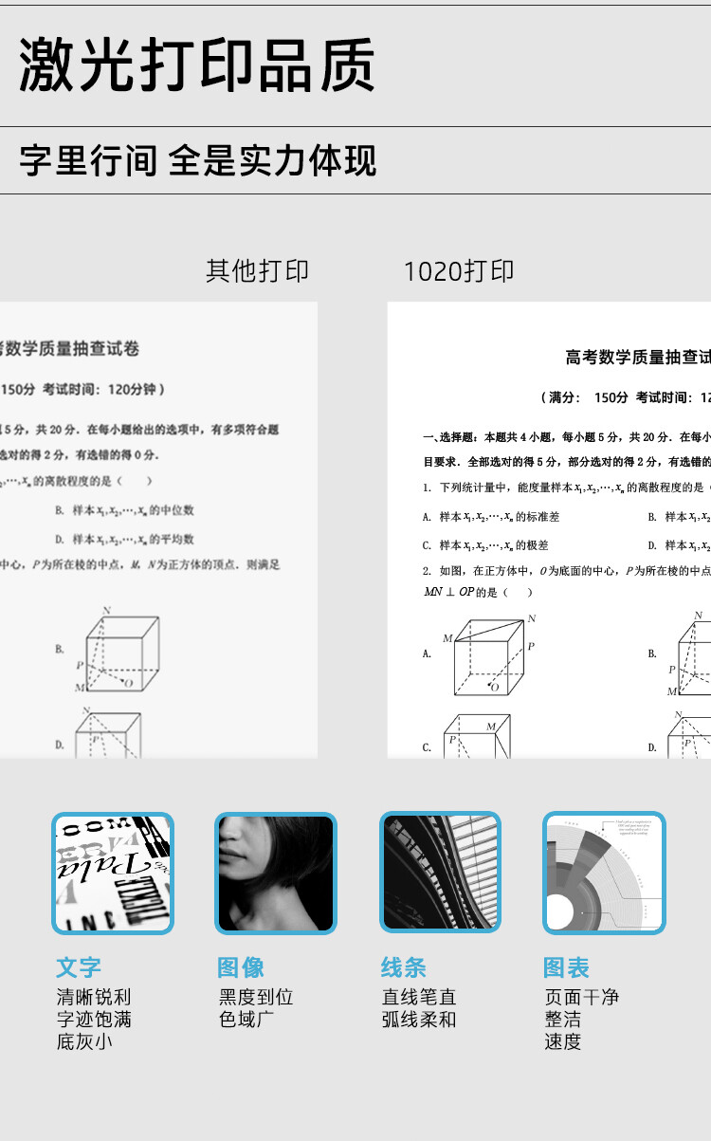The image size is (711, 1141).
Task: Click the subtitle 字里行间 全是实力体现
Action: [198, 160]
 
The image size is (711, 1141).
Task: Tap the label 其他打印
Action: [257, 270]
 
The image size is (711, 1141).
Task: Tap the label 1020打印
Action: [459, 270]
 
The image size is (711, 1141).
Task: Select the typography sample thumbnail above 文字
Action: [113, 873]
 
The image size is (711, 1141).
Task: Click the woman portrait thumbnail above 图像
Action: [276, 873]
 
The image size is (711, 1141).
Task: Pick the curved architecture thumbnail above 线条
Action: [440, 873]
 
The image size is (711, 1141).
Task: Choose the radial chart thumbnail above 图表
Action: [604, 873]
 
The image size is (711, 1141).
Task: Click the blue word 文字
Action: [79, 967]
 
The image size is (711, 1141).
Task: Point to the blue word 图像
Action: [241, 967]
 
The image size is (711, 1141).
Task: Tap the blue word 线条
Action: [404, 967]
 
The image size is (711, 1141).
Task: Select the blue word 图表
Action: [566, 967]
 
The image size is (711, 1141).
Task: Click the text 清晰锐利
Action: [94, 997]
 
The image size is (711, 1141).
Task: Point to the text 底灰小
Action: [84, 1041]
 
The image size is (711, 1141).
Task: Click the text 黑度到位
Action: [256, 997]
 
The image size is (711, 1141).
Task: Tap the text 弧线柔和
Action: [419, 1020]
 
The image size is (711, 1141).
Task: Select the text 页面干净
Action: [582, 997]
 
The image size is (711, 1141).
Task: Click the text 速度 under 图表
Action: [563, 1041]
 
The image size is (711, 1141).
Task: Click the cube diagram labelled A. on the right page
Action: [488, 654]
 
